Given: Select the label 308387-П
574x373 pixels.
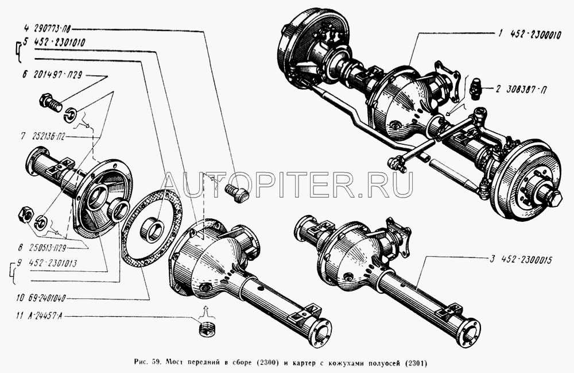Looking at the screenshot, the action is tap(527, 90).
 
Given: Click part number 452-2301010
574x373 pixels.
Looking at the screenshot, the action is tap(59, 43).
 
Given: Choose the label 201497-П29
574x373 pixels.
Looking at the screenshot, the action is tap(57, 75).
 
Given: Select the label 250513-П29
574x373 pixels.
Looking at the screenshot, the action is tap(47, 248).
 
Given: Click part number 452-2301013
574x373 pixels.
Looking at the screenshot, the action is tap(53, 263).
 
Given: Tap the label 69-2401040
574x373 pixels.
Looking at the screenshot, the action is tap(46, 298).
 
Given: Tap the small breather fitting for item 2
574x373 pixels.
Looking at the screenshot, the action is tap(476, 88).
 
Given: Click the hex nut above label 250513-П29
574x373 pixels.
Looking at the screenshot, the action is tap(26, 215).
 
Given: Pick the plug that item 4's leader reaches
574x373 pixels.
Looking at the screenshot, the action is tap(237, 194).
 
